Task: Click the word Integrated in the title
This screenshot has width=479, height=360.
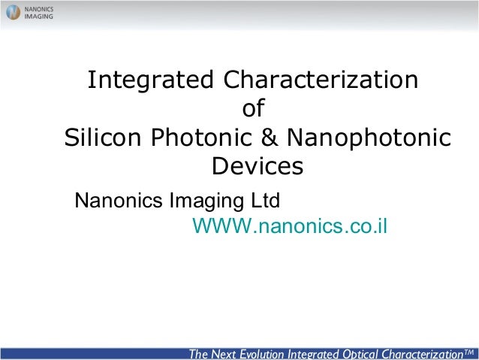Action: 150,80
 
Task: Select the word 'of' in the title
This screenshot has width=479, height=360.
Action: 253,109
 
